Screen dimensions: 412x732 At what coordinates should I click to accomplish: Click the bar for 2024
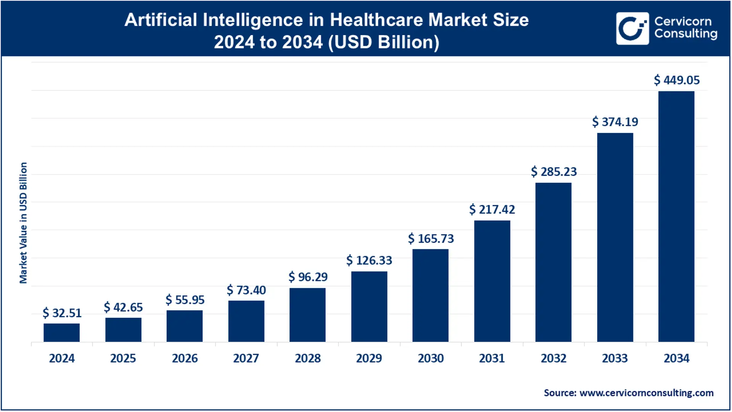tap(61, 333)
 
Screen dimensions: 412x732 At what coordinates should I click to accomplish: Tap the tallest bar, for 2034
tap(676, 216)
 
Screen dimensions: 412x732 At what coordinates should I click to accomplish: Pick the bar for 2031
tap(492, 281)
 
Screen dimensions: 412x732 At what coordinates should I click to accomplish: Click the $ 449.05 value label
tap(677, 80)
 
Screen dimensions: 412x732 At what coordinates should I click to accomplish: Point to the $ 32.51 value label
tap(62, 313)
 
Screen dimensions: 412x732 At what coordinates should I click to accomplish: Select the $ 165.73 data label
tap(431, 239)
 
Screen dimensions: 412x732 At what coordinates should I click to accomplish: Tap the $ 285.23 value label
tap(554, 172)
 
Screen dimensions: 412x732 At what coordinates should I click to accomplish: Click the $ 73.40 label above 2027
tap(246, 290)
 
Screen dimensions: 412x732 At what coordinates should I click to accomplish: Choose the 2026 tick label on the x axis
tap(185, 359)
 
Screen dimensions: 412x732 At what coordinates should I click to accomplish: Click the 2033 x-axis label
tap(615, 359)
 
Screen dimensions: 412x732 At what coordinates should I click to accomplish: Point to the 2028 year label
tap(308, 359)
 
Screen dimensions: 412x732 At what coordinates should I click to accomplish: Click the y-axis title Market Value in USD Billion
tap(23, 223)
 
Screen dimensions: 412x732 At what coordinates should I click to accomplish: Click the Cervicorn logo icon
tap(632, 29)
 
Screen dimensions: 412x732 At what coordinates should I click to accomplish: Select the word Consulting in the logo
tap(686, 34)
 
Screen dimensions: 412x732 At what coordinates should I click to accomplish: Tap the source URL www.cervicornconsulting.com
tap(646, 393)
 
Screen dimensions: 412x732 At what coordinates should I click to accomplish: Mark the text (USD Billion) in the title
tap(384, 42)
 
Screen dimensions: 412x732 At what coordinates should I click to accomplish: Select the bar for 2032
tap(553, 262)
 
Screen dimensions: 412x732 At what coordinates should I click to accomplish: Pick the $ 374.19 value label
tap(615, 122)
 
